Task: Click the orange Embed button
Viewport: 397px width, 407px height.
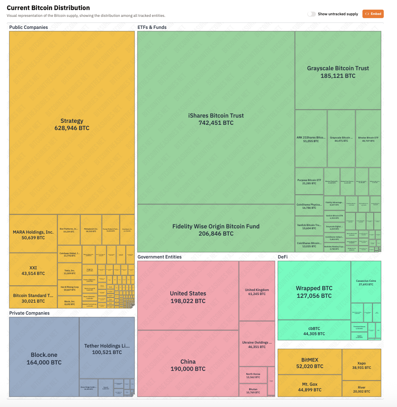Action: pyautogui.click(x=373, y=14)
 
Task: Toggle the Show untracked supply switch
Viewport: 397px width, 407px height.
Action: pyautogui.click(x=311, y=14)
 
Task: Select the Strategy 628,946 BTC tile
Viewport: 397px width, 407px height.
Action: pyautogui.click(x=72, y=124)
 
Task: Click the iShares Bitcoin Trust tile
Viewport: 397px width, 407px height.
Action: pyautogui.click(x=216, y=119)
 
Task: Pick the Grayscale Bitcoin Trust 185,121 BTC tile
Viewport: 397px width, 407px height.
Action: pyautogui.click(x=338, y=71)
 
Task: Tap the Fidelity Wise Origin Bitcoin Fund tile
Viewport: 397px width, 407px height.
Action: pyautogui.click(x=216, y=230)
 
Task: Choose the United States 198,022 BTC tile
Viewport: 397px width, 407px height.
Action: pyautogui.click(x=188, y=297)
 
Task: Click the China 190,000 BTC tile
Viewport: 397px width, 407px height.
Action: pyautogui.click(x=188, y=365)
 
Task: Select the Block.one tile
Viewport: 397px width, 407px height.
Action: pyautogui.click(x=44, y=358)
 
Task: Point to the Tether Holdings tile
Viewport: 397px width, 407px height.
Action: pyautogui.click(x=107, y=349)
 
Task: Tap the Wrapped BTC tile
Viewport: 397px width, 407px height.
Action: pyautogui.click(x=314, y=291)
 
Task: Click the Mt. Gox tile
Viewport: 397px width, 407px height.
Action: pyautogui.click(x=310, y=387)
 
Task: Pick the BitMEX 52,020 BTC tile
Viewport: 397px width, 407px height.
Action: pyautogui.click(x=310, y=363)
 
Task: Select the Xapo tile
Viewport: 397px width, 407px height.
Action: pyautogui.click(x=361, y=365)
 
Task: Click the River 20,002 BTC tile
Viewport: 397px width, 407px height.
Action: pyautogui.click(x=361, y=389)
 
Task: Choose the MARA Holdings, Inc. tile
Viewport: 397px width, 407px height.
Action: pyautogui.click(x=33, y=234)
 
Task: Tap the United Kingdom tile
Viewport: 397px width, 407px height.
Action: pyautogui.click(x=257, y=291)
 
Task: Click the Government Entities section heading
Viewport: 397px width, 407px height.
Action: pyautogui.click(x=160, y=257)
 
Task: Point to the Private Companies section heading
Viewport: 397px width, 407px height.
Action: pyautogui.click(x=29, y=313)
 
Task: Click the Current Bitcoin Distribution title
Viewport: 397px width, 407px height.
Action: pyautogui.click(x=48, y=8)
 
